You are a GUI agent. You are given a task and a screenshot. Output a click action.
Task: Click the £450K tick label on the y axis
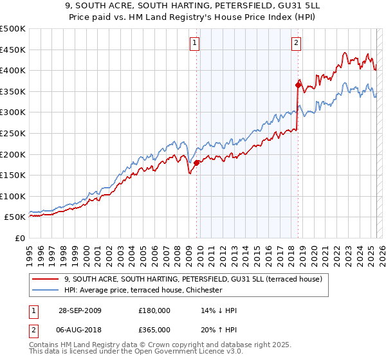click(13, 50)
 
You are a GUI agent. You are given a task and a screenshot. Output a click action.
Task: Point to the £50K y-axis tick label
click(15, 217)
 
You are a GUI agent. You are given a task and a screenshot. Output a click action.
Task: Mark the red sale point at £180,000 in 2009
click(197, 163)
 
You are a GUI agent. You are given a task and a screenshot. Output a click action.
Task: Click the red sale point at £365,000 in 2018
click(298, 85)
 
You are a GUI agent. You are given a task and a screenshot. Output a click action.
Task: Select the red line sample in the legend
click(46, 278)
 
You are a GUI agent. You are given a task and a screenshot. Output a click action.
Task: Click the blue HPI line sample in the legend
click(46, 290)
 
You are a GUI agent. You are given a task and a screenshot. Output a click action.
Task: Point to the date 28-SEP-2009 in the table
click(78, 310)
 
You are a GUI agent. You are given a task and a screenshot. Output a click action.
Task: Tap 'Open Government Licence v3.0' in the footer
click(180, 354)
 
